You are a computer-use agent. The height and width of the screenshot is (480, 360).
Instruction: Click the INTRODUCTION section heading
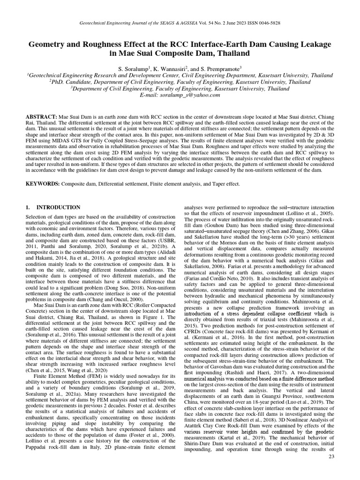[59, 207]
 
